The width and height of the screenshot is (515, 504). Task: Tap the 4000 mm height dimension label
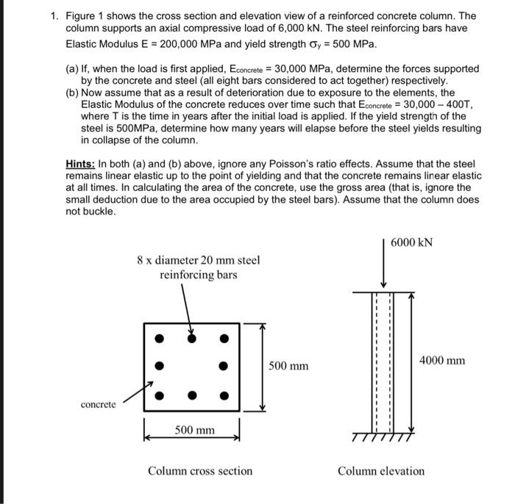(x=442, y=360)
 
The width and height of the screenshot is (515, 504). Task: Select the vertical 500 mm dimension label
(x=288, y=365)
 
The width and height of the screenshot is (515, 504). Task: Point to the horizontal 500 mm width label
(x=195, y=429)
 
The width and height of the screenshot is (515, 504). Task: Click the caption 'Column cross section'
(x=200, y=471)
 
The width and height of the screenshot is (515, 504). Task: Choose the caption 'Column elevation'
(x=381, y=471)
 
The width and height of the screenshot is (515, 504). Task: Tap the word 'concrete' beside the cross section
(x=98, y=405)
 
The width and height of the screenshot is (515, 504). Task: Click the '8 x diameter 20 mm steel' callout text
(x=199, y=260)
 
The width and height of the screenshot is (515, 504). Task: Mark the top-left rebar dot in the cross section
(x=158, y=339)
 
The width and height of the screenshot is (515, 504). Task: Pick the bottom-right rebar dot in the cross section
(x=224, y=395)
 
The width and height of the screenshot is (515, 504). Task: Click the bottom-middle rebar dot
(x=191, y=395)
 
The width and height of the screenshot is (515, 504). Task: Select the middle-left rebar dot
(x=158, y=367)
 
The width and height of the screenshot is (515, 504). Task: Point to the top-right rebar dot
(x=224, y=339)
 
